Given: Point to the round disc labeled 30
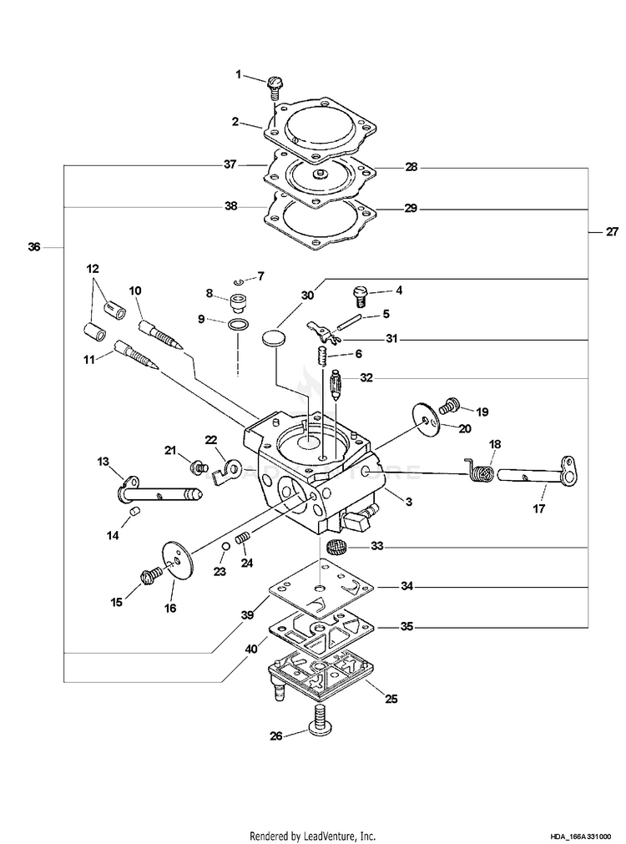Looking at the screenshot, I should point(273,338).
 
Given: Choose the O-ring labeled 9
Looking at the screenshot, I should point(238,324).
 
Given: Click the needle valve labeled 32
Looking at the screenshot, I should point(336,387).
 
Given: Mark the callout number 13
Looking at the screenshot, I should point(103,461).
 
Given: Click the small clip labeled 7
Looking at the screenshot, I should point(237,280).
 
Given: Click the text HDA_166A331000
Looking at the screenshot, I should point(580,835).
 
